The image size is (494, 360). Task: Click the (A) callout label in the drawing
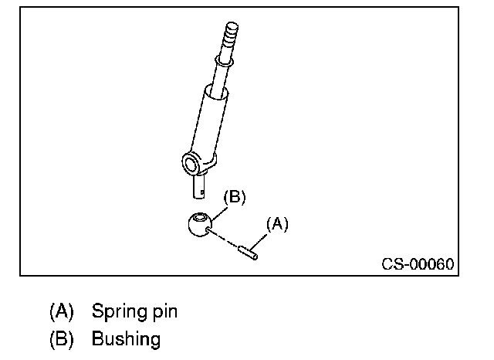pos(277,224)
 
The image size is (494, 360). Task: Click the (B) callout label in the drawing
pos(234,197)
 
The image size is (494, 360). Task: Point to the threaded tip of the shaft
pos(232,33)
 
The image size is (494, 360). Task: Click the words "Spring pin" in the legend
pos(134,312)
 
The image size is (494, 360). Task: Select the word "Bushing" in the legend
pos(126,338)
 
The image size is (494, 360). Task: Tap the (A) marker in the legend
pos(62,312)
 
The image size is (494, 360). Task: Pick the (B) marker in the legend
pos(62,338)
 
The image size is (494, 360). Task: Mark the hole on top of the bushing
pos(201,217)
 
